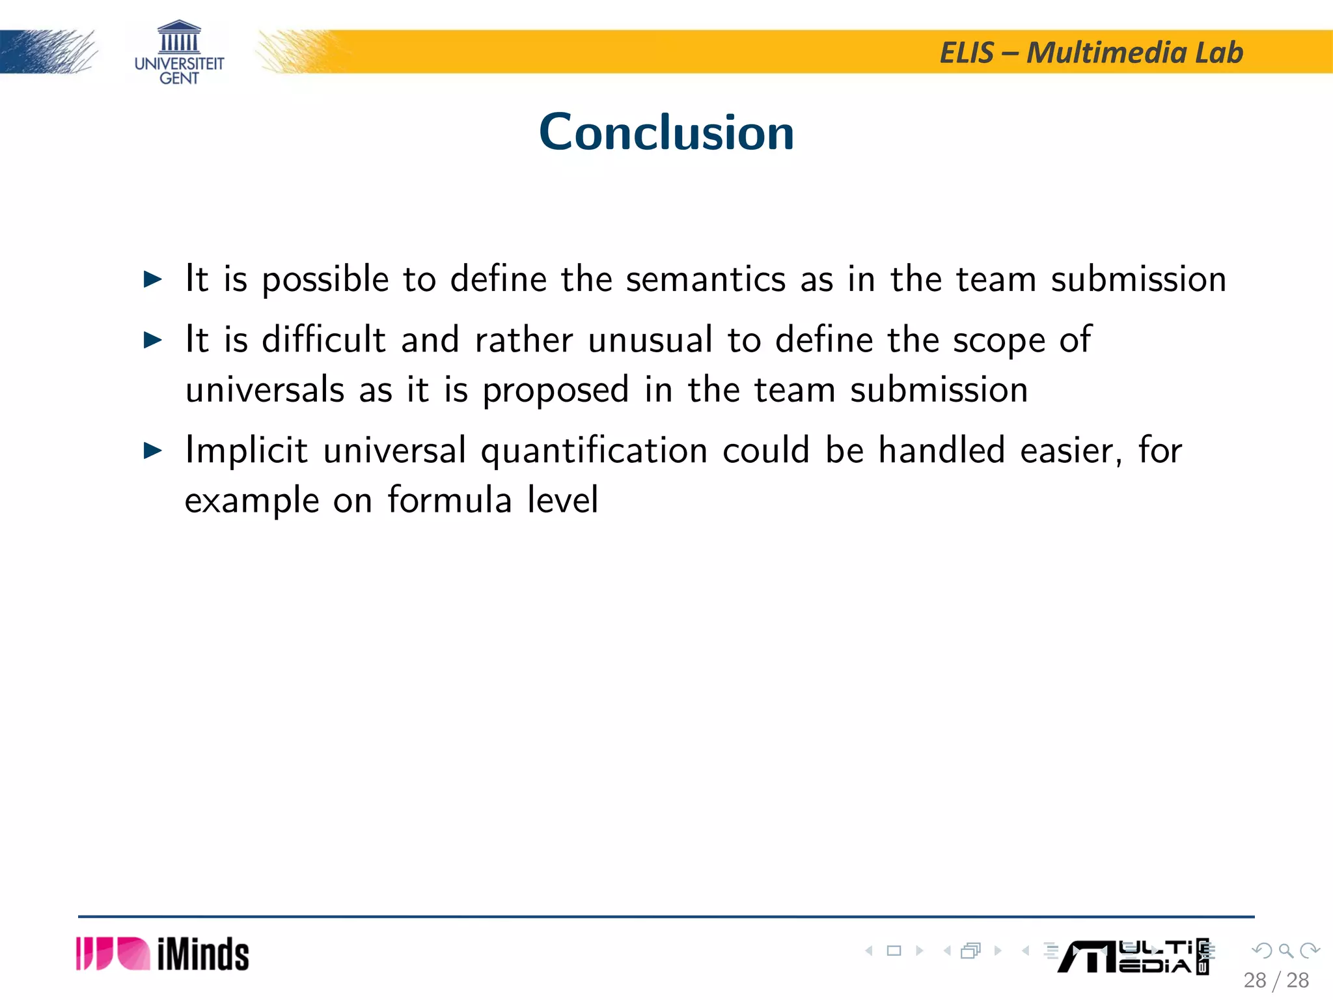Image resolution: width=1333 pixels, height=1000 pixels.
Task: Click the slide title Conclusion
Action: coord(666,132)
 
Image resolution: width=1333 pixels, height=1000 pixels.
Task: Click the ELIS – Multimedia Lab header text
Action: coord(1092,53)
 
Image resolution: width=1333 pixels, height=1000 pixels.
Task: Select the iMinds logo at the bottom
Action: coord(163,954)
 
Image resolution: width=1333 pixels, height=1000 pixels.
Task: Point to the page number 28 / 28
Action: coord(1276,980)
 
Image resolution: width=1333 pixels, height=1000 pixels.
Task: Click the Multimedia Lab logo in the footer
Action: coord(1133,956)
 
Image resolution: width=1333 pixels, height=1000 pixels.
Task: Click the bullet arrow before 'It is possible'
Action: coord(152,280)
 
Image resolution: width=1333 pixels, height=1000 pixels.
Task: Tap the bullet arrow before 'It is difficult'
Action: coord(152,340)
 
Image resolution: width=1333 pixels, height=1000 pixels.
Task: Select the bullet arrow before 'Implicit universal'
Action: coord(152,451)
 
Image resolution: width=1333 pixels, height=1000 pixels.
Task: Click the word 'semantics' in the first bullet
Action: coord(706,279)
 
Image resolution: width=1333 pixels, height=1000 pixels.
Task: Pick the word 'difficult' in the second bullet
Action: coord(323,339)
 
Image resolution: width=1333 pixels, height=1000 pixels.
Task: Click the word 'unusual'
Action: coord(650,340)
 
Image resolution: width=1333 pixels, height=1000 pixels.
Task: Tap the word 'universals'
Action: coord(264,390)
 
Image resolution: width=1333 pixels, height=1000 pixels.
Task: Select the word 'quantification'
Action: coord(594,451)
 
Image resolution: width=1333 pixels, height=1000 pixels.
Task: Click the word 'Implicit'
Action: coord(246,451)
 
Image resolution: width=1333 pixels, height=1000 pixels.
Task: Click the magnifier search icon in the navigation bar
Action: coord(1285,951)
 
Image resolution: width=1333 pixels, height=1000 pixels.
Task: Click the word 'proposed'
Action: coord(555,391)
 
